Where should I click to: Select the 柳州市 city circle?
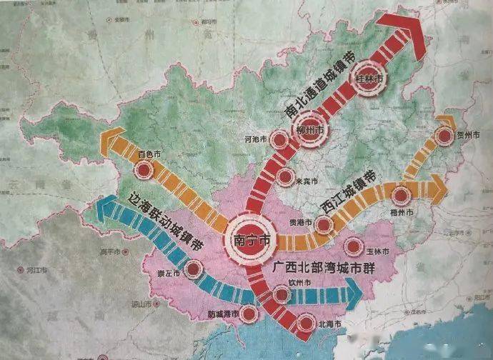tap(309, 131)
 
